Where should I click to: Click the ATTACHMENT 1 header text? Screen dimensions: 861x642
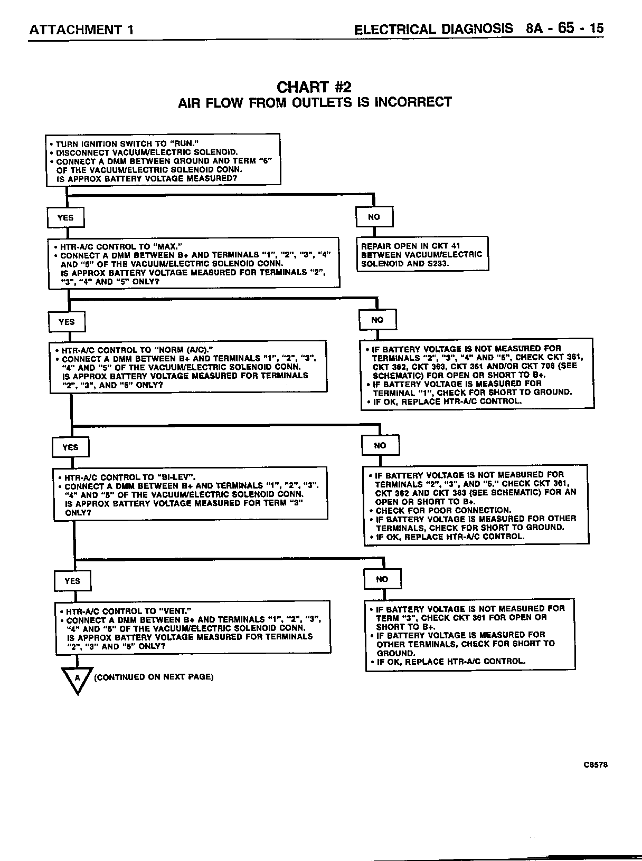81,30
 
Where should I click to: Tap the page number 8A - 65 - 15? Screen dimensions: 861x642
564,28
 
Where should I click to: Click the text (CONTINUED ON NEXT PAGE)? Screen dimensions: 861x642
154,677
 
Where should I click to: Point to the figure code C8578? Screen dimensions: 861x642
596,765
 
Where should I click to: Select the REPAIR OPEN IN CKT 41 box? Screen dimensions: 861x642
422,254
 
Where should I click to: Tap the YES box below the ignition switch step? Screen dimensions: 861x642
65,217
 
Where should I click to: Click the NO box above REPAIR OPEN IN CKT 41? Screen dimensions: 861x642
374,217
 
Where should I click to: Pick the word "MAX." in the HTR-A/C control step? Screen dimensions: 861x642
168,246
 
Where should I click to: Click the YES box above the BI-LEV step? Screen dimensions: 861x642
70,447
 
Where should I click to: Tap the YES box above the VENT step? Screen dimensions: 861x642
72,581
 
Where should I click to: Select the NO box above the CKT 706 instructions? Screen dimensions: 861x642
377,320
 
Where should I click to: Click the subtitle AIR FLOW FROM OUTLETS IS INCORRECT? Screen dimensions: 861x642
315,102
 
